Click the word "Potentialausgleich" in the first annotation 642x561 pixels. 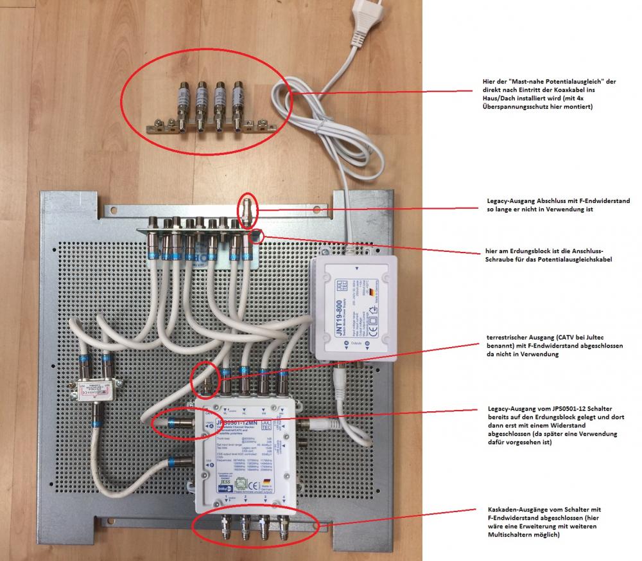(x=549, y=82)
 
